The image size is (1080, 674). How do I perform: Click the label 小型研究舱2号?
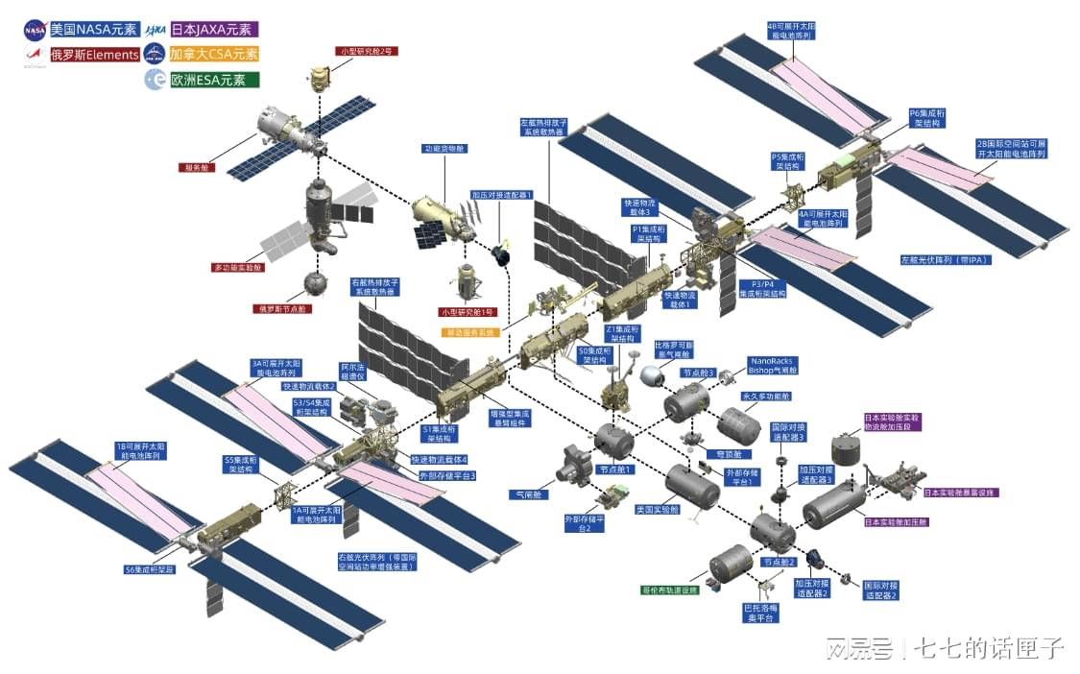366,50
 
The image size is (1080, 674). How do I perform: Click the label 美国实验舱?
658,510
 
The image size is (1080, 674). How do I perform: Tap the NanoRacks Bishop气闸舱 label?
773,365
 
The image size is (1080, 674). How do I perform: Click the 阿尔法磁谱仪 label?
352,373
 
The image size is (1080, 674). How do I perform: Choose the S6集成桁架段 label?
151,569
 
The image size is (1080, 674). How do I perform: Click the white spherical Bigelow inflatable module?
652,376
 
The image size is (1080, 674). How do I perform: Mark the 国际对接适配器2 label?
880,590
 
